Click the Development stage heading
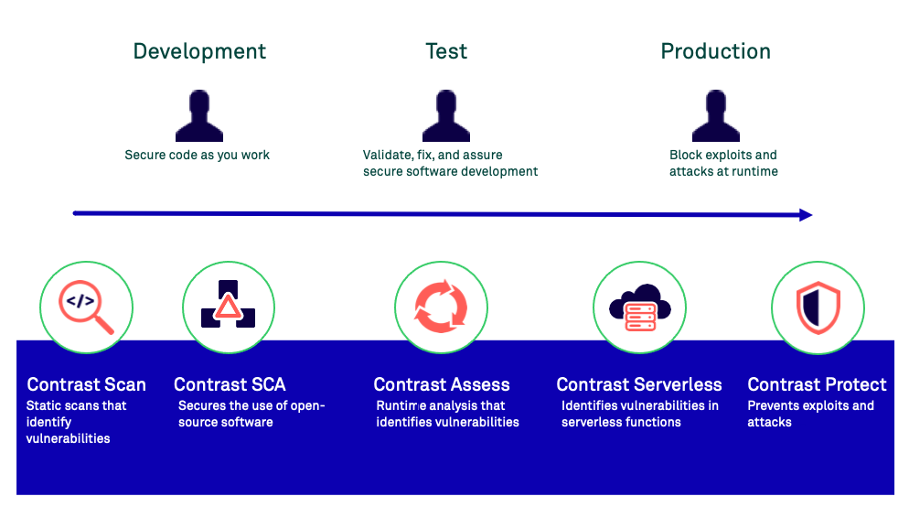pyautogui.click(x=199, y=51)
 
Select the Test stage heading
pyautogui.click(x=446, y=51)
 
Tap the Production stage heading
pyautogui.click(x=715, y=51)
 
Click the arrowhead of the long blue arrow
pyautogui.click(x=805, y=215)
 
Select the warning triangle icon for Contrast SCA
pyautogui.click(x=228, y=307)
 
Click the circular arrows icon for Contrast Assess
pyautogui.click(x=441, y=307)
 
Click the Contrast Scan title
pyautogui.click(x=86, y=384)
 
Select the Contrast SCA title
pyautogui.click(x=230, y=384)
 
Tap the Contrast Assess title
pyautogui.click(x=442, y=384)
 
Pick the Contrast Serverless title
pyautogui.click(x=639, y=384)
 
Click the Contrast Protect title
pyautogui.click(x=817, y=384)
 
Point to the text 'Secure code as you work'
pyautogui.click(x=198, y=155)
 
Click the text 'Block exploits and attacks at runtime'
pyautogui.click(x=723, y=163)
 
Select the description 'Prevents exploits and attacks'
pyautogui.click(x=810, y=414)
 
